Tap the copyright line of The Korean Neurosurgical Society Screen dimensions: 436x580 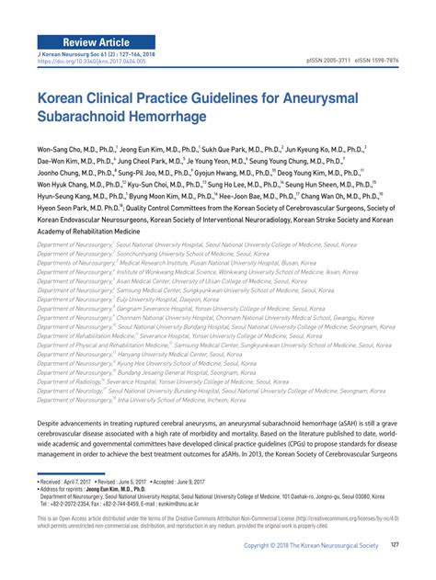tap(308, 546)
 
